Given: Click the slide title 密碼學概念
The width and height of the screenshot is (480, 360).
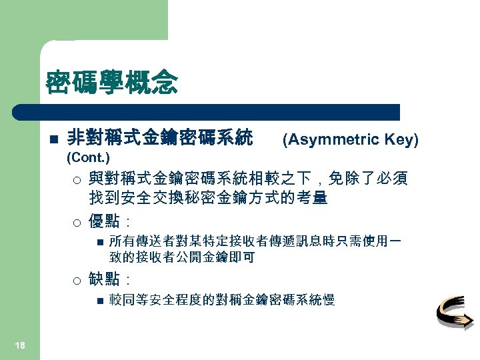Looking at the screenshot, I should pyautogui.click(x=111, y=83).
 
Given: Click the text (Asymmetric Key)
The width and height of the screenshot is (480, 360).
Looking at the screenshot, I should pyautogui.click(x=351, y=139).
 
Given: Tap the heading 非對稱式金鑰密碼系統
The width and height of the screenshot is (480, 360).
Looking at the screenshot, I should pyautogui.click(x=160, y=139).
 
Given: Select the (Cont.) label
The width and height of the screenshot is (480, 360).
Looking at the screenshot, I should pyautogui.click(x=89, y=158).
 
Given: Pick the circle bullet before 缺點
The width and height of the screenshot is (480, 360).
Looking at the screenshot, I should pyautogui.click(x=77, y=279).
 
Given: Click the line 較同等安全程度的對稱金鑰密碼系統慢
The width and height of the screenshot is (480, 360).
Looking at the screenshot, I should pyautogui.click(x=222, y=300).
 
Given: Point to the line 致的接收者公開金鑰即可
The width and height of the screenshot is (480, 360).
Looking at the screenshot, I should pyautogui.click(x=181, y=257).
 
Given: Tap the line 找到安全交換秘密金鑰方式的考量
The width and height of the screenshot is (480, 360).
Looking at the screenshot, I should pyautogui.click(x=208, y=198).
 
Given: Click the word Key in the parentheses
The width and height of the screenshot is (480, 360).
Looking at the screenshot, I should pyautogui.click(x=401, y=139).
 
